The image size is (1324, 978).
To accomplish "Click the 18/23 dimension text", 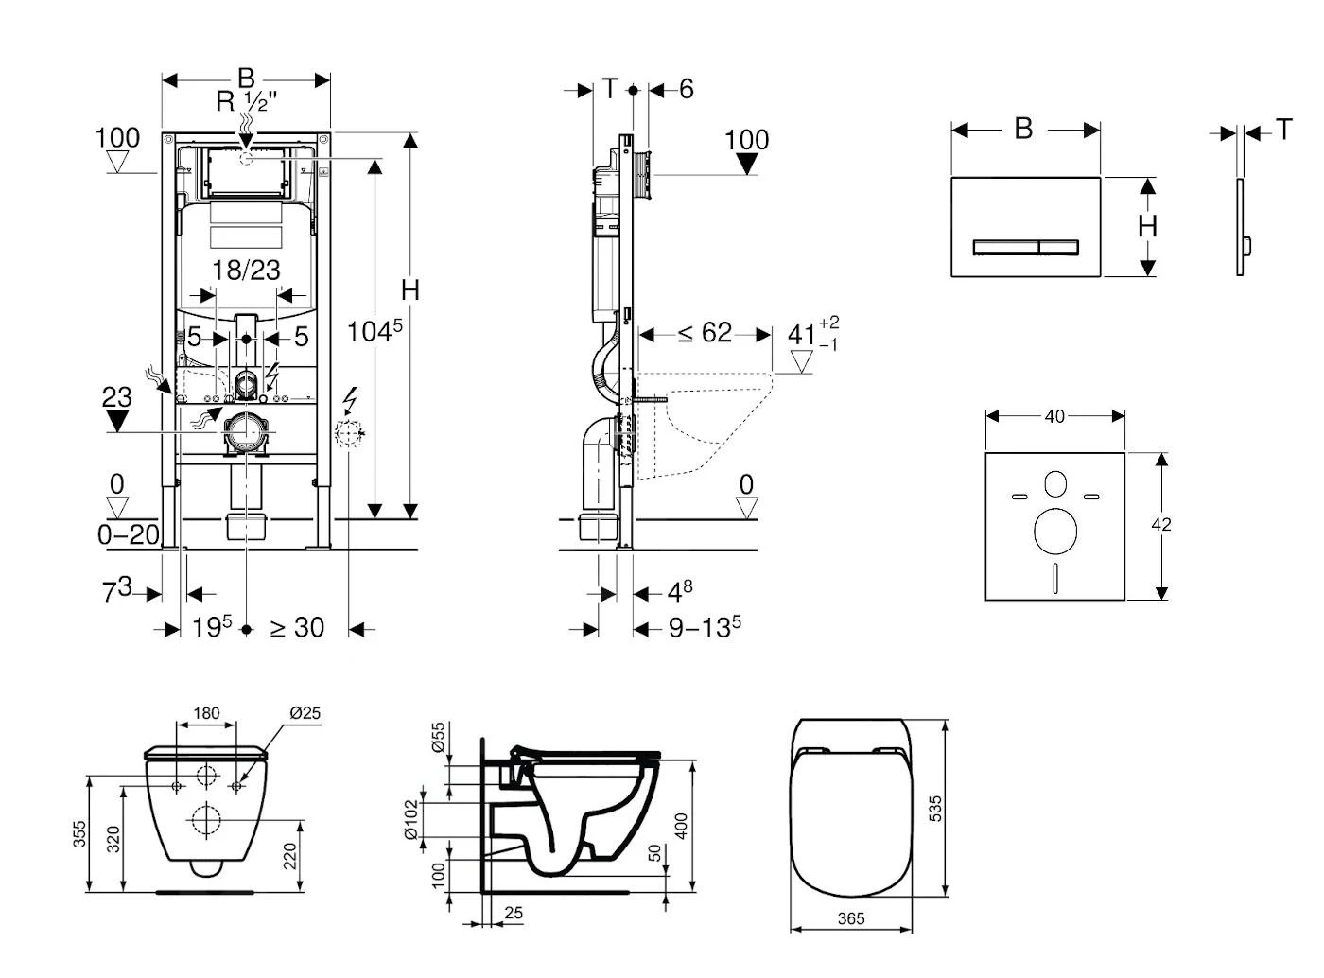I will (x=246, y=271).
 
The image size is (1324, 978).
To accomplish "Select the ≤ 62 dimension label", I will (x=705, y=333).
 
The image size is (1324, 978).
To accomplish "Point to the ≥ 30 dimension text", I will (x=297, y=627).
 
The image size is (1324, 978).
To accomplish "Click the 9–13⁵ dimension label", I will (x=705, y=627).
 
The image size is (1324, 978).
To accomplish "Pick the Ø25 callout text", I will (x=305, y=713).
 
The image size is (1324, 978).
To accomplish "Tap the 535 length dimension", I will (x=935, y=808).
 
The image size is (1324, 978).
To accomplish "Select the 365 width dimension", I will (x=851, y=918).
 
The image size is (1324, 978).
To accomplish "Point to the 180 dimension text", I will (x=206, y=713).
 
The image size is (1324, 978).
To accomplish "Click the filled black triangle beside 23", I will (x=117, y=421).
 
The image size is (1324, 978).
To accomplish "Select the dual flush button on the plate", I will (x=1025, y=248).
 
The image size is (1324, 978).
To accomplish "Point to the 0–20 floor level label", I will (x=129, y=534).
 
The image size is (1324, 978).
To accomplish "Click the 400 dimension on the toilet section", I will (x=681, y=825).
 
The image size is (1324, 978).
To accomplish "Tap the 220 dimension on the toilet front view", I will (x=290, y=856).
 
